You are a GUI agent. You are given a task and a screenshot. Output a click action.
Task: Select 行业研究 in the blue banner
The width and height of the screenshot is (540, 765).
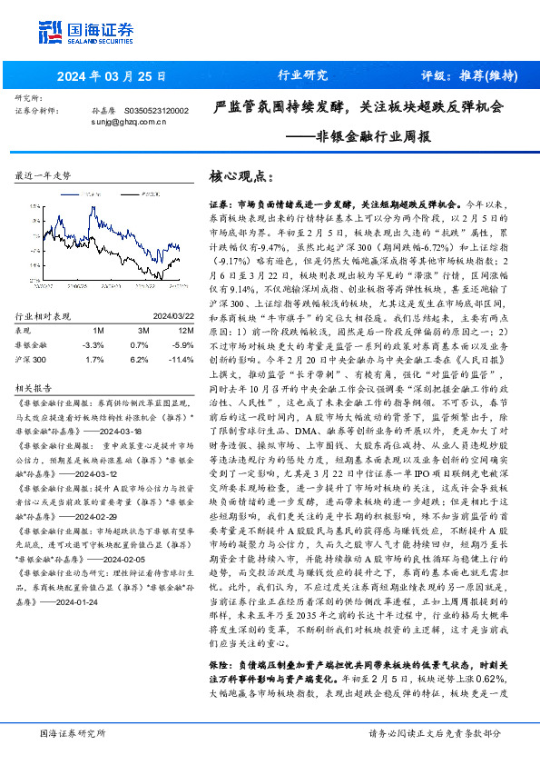(x=301, y=75)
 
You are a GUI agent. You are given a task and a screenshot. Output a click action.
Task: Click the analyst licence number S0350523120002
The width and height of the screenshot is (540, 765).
(x=155, y=110)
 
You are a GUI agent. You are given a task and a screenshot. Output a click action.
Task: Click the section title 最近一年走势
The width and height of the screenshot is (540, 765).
(x=43, y=174)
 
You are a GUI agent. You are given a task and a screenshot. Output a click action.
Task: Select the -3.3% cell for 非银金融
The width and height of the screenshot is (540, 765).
(x=93, y=346)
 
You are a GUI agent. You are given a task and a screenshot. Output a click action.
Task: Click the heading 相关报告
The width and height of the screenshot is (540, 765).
(x=36, y=387)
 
